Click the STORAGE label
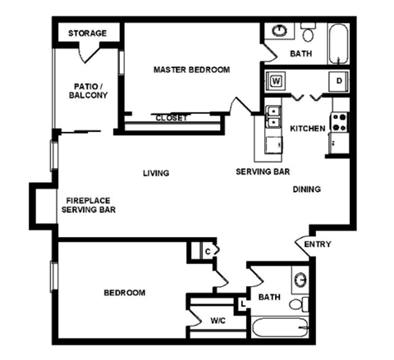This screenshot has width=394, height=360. pyautogui.click(x=87, y=33)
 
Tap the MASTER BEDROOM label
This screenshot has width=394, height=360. pyautogui.click(x=191, y=70)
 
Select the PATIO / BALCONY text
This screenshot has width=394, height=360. pyautogui.click(x=88, y=90)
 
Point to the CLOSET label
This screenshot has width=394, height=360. pyautogui.click(x=172, y=118)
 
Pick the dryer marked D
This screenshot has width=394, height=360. pyautogui.click(x=338, y=81)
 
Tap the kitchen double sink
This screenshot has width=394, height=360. pyautogui.click(x=273, y=116)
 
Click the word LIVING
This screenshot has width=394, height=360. pyautogui.click(x=155, y=173)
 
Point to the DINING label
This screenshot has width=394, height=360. pyautogui.click(x=307, y=189)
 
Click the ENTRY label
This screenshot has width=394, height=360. pyautogui.click(x=318, y=244)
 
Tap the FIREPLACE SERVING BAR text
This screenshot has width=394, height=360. pyautogui.click(x=88, y=205)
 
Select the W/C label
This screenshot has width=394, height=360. pyautogui.click(x=218, y=320)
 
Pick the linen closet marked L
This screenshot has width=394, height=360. pyautogui.click(x=244, y=304)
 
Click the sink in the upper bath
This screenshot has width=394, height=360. pyautogui.click(x=281, y=32)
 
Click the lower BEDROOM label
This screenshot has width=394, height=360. pyautogui.click(x=125, y=293)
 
